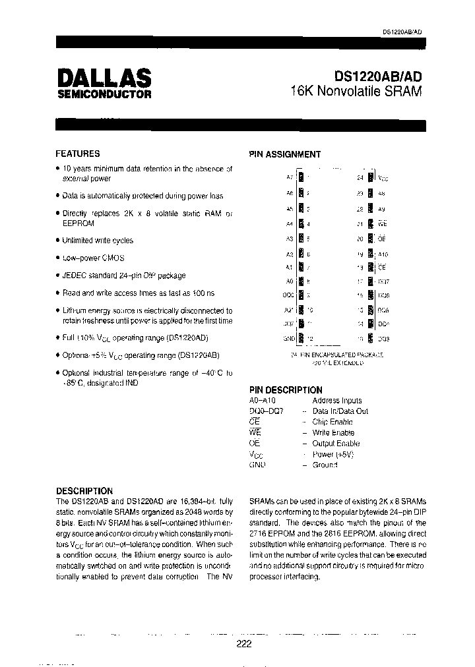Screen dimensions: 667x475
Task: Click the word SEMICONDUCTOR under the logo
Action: pos(104,95)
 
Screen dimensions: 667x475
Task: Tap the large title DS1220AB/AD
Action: pos(373,77)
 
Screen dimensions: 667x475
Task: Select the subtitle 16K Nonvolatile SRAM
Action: pos(356,92)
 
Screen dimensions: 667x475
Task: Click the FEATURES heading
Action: pos(78,154)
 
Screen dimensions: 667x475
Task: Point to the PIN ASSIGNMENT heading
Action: pos(284,154)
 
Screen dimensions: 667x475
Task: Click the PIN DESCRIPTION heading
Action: pos(285,390)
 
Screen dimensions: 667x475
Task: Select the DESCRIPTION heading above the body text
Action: pos(84,491)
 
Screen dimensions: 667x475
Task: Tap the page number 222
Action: pos(243,645)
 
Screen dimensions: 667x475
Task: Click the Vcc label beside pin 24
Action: pos(383,178)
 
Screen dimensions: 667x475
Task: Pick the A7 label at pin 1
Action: pos(290,177)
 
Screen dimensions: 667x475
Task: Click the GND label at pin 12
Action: pos(288,338)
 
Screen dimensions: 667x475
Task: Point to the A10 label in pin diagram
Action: pos(383,253)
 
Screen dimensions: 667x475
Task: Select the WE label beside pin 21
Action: pos(383,224)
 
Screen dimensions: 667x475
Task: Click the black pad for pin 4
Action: pos(301,224)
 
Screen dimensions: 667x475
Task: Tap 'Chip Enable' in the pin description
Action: pos(332,422)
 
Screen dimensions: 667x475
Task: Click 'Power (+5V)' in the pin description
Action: pos(334,454)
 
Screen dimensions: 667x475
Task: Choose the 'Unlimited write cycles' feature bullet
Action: pos(97,241)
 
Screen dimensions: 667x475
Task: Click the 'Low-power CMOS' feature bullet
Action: pos(93,258)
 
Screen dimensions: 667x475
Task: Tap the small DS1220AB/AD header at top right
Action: pos(402,32)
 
